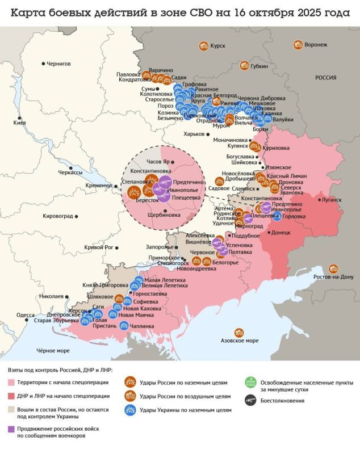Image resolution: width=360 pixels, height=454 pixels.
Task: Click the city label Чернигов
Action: pos(58,64)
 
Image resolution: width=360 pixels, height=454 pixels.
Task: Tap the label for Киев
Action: pos(20,123)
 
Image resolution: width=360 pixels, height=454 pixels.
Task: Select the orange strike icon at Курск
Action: pos(203,46)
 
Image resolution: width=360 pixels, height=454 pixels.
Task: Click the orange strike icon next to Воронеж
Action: pos(297,45)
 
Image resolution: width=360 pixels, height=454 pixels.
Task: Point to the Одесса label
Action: pos(25,315)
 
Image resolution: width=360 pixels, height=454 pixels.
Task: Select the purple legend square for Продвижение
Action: pos(12,429)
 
